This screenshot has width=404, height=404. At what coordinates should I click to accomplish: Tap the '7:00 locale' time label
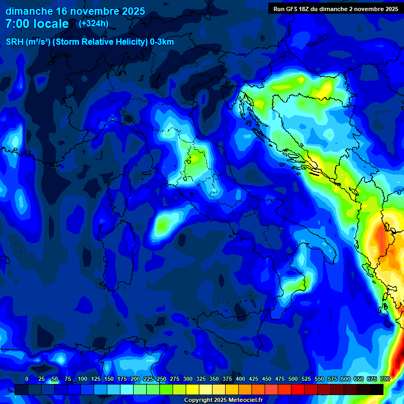(37, 24)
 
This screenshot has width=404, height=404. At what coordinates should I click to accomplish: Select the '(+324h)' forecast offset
(94, 23)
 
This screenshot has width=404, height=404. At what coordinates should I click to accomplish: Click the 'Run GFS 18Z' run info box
(335, 8)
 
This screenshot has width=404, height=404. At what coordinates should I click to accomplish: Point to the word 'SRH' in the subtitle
(15, 42)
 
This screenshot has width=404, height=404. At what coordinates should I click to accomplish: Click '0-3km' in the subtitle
(162, 42)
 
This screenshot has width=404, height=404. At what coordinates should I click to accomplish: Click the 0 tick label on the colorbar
(27, 379)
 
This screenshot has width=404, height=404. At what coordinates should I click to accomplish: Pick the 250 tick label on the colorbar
(161, 379)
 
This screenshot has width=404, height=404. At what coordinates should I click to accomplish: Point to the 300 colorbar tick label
(188, 379)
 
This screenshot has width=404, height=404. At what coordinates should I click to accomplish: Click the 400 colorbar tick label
(240, 379)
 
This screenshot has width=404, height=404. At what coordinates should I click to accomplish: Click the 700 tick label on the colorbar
(385, 379)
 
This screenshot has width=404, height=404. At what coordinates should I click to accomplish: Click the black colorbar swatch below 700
(377, 389)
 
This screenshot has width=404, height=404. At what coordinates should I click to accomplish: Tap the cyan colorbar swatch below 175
(127, 389)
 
